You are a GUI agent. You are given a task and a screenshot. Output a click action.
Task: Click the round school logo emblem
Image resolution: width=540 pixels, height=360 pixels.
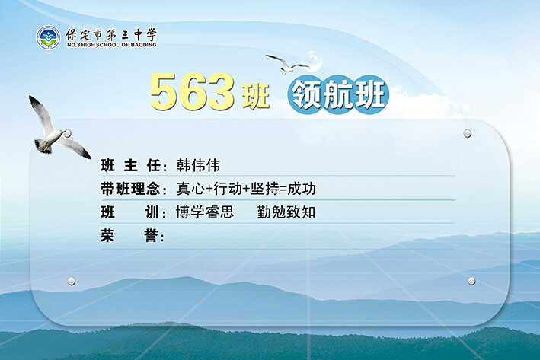pyautogui.click(x=48, y=37)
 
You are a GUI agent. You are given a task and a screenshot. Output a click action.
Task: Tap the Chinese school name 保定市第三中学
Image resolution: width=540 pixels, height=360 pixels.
pyautogui.click(x=111, y=34)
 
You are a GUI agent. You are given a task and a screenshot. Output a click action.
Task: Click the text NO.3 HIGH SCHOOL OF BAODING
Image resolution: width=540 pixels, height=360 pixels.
pyautogui.click(x=112, y=45)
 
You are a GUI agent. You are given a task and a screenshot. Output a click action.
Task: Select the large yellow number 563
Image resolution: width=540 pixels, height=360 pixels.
pyautogui.click(x=193, y=91)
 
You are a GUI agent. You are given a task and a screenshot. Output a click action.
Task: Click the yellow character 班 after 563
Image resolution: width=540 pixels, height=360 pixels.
pyautogui.click(x=256, y=97)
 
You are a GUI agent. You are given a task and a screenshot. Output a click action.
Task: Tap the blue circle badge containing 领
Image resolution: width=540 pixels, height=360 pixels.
pyautogui.click(x=305, y=94)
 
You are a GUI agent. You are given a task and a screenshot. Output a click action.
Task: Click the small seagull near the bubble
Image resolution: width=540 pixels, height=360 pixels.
pyautogui.click(x=288, y=65)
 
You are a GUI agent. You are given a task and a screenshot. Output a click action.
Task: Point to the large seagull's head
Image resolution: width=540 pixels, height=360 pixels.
pyautogui.click(x=61, y=132)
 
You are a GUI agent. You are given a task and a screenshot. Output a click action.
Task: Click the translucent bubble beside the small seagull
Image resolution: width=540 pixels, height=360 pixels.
pyautogui.click(x=312, y=61)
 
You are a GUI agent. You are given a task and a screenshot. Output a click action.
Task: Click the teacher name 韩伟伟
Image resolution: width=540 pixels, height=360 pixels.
pyautogui.click(x=198, y=166)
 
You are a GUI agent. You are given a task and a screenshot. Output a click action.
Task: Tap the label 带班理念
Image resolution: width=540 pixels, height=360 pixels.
pyautogui.click(x=130, y=189)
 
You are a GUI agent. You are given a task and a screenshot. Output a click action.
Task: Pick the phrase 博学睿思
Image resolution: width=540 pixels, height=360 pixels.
pyautogui.click(x=205, y=212)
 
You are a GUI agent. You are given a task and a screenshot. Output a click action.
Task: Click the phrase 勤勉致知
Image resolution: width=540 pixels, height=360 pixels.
pyautogui.click(x=286, y=212)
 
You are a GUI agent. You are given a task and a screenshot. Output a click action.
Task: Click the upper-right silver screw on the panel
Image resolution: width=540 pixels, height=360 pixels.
pyautogui.click(x=468, y=133)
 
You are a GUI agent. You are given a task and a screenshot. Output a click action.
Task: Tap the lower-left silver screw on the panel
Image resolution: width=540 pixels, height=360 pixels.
pyautogui.click(x=72, y=281)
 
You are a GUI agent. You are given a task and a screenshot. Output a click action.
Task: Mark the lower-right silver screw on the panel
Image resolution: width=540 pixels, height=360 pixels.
pyautogui.click(x=471, y=281)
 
